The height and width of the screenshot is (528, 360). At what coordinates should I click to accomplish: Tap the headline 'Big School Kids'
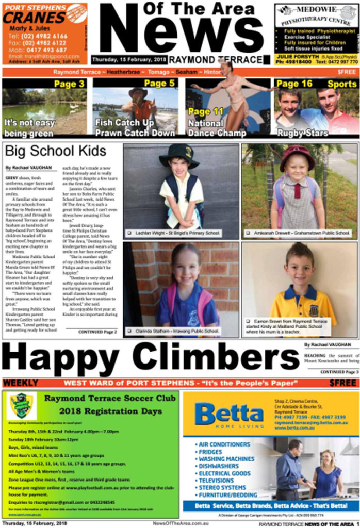56,151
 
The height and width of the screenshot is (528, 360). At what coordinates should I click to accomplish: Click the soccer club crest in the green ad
22,405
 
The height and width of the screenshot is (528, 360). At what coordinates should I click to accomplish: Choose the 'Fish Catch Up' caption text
124,123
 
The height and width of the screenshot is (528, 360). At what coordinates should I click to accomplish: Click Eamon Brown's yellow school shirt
298,305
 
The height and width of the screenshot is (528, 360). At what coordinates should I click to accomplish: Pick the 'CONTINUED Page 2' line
97,332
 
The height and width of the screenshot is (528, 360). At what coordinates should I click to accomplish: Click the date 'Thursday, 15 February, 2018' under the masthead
129,59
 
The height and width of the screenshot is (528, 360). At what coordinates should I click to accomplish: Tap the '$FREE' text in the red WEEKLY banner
342,383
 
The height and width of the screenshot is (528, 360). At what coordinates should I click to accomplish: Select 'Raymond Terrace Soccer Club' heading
103,398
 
